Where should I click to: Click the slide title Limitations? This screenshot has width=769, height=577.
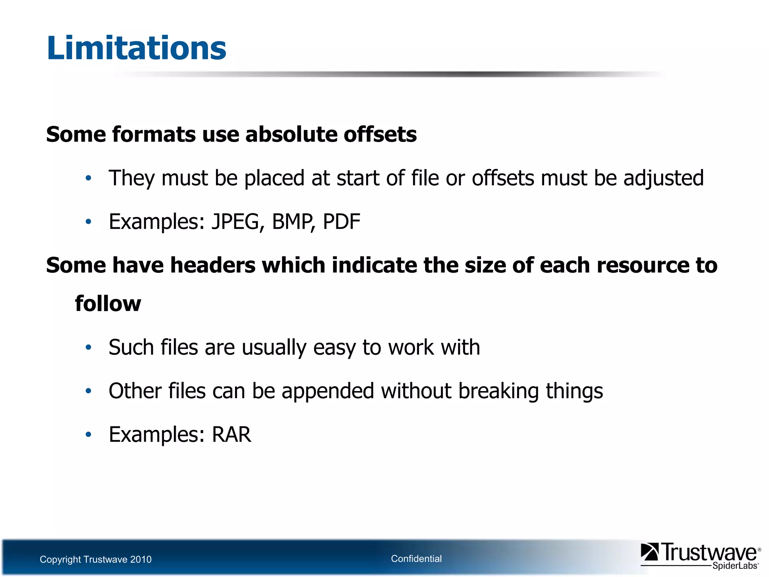click(136, 48)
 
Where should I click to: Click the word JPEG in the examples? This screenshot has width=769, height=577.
click(235, 222)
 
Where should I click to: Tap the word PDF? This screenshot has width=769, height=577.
click(341, 222)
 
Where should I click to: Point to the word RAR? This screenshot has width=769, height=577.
click(232, 435)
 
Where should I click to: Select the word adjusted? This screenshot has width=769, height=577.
click(663, 178)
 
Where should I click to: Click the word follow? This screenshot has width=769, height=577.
click(108, 304)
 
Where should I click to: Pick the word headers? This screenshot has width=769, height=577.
click(213, 265)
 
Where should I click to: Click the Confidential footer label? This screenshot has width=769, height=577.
click(416, 559)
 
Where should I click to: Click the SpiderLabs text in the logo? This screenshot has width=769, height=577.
click(735, 566)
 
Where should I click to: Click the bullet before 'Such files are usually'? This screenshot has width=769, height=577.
click(88, 347)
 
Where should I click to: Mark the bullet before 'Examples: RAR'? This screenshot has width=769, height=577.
click(88, 435)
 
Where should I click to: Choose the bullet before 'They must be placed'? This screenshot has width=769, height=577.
click(88, 178)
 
